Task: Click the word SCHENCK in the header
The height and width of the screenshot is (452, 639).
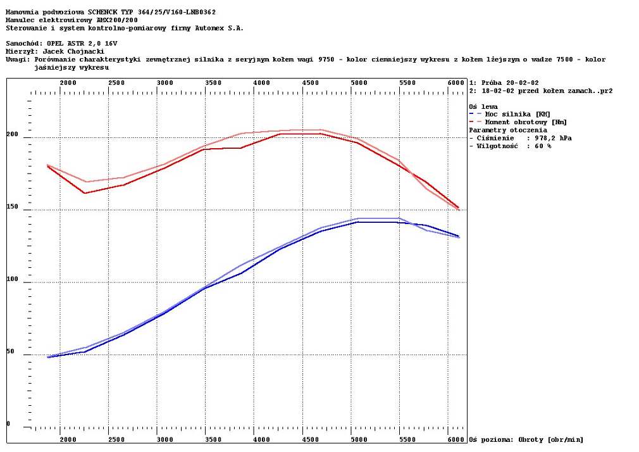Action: [106, 11]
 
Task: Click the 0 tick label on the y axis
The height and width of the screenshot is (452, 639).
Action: [8, 424]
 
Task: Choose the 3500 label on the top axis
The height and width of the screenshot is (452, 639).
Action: [213, 83]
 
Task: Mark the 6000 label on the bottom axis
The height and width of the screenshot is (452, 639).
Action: [456, 439]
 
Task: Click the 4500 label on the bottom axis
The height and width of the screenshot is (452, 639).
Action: [311, 439]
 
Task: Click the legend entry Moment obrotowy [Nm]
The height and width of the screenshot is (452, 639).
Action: [526, 122]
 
